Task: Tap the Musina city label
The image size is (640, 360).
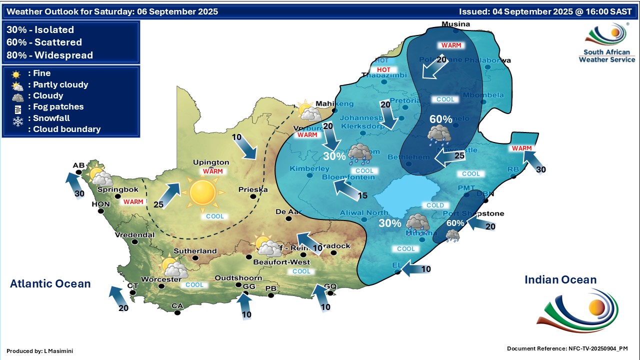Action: (x=456, y=24)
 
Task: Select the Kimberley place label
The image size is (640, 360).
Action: (x=309, y=168)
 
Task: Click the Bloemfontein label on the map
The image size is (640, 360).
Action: (x=348, y=177)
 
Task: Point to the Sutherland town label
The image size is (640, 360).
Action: (x=195, y=251)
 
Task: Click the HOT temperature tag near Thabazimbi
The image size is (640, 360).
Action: (x=383, y=69)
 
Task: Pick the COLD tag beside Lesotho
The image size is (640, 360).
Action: (x=435, y=205)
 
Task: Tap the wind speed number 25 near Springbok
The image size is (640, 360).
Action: (x=159, y=205)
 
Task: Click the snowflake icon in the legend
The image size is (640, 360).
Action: (x=18, y=121)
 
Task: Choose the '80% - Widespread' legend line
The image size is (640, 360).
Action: (x=50, y=55)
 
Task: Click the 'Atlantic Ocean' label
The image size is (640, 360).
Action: (x=50, y=284)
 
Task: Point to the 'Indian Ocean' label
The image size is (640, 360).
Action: (x=560, y=280)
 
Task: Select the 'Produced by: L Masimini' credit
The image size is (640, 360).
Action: (x=40, y=351)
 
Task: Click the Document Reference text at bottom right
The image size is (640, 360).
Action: (x=567, y=348)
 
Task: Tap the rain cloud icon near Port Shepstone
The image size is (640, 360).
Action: (x=453, y=235)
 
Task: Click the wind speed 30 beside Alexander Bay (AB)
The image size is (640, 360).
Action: (x=79, y=193)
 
